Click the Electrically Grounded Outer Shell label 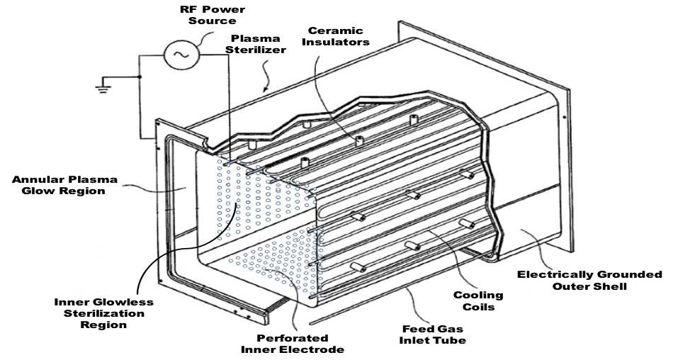(x=589, y=281)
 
